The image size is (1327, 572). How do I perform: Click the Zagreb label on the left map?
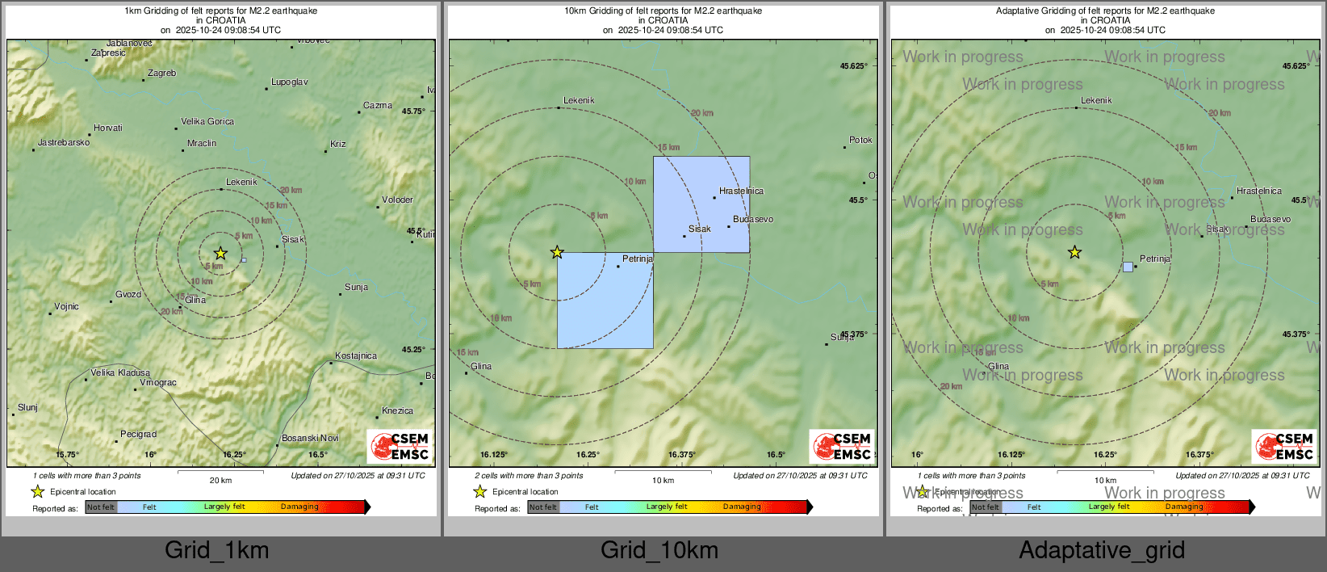[x=161, y=74]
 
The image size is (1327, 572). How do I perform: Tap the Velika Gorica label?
[x=207, y=122]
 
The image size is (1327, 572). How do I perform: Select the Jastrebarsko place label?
[x=64, y=143]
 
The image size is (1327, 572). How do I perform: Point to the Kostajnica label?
[x=356, y=356]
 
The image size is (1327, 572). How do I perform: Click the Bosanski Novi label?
[x=310, y=439]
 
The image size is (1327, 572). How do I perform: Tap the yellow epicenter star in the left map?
[x=220, y=254]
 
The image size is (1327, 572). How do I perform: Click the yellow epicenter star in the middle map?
[x=557, y=253]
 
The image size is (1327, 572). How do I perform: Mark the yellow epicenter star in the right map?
[x=1074, y=253]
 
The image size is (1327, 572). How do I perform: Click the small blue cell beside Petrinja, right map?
[x=1128, y=267]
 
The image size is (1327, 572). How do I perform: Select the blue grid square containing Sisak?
[x=701, y=204]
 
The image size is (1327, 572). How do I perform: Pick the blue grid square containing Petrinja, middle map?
[x=605, y=301]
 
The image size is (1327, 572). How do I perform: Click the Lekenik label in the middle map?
[x=579, y=101]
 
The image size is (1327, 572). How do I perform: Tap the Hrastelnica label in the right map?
[x=1258, y=191]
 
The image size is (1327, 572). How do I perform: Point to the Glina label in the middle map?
[x=481, y=367]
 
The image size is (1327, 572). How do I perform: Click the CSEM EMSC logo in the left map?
[x=400, y=446]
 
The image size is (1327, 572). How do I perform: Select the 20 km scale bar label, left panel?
[x=220, y=481]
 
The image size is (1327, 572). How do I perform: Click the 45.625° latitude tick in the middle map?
[x=853, y=66]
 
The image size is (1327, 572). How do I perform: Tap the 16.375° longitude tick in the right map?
[x=1199, y=455]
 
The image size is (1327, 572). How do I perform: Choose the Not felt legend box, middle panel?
[x=543, y=507]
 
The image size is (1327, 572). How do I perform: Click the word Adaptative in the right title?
[x=1020, y=11]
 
